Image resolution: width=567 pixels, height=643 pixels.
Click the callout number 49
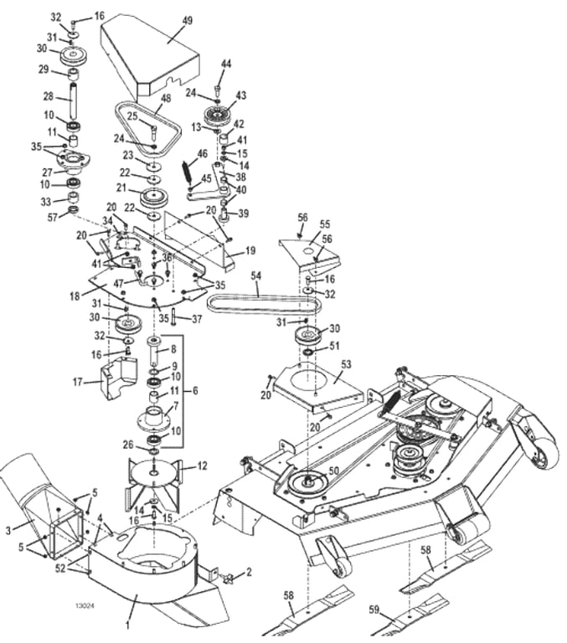pyautogui.click(x=187, y=20)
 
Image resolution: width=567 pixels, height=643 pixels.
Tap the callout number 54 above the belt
pyautogui.click(x=256, y=275)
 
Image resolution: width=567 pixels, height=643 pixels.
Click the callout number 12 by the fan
pyautogui.click(x=202, y=466)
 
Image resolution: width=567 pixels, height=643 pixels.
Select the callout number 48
pyautogui.click(x=166, y=98)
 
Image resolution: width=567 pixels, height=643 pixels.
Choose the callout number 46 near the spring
pyautogui.click(x=202, y=153)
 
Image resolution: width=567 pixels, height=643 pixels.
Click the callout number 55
pyautogui.click(x=325, y=224)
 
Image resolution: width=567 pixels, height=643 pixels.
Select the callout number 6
pyautogui.click(x=196, y=390)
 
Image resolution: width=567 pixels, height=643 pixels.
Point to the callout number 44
pyautogui.click(x=225, y=64)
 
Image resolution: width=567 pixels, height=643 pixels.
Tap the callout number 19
pyautogui.click(x=250, y=251)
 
